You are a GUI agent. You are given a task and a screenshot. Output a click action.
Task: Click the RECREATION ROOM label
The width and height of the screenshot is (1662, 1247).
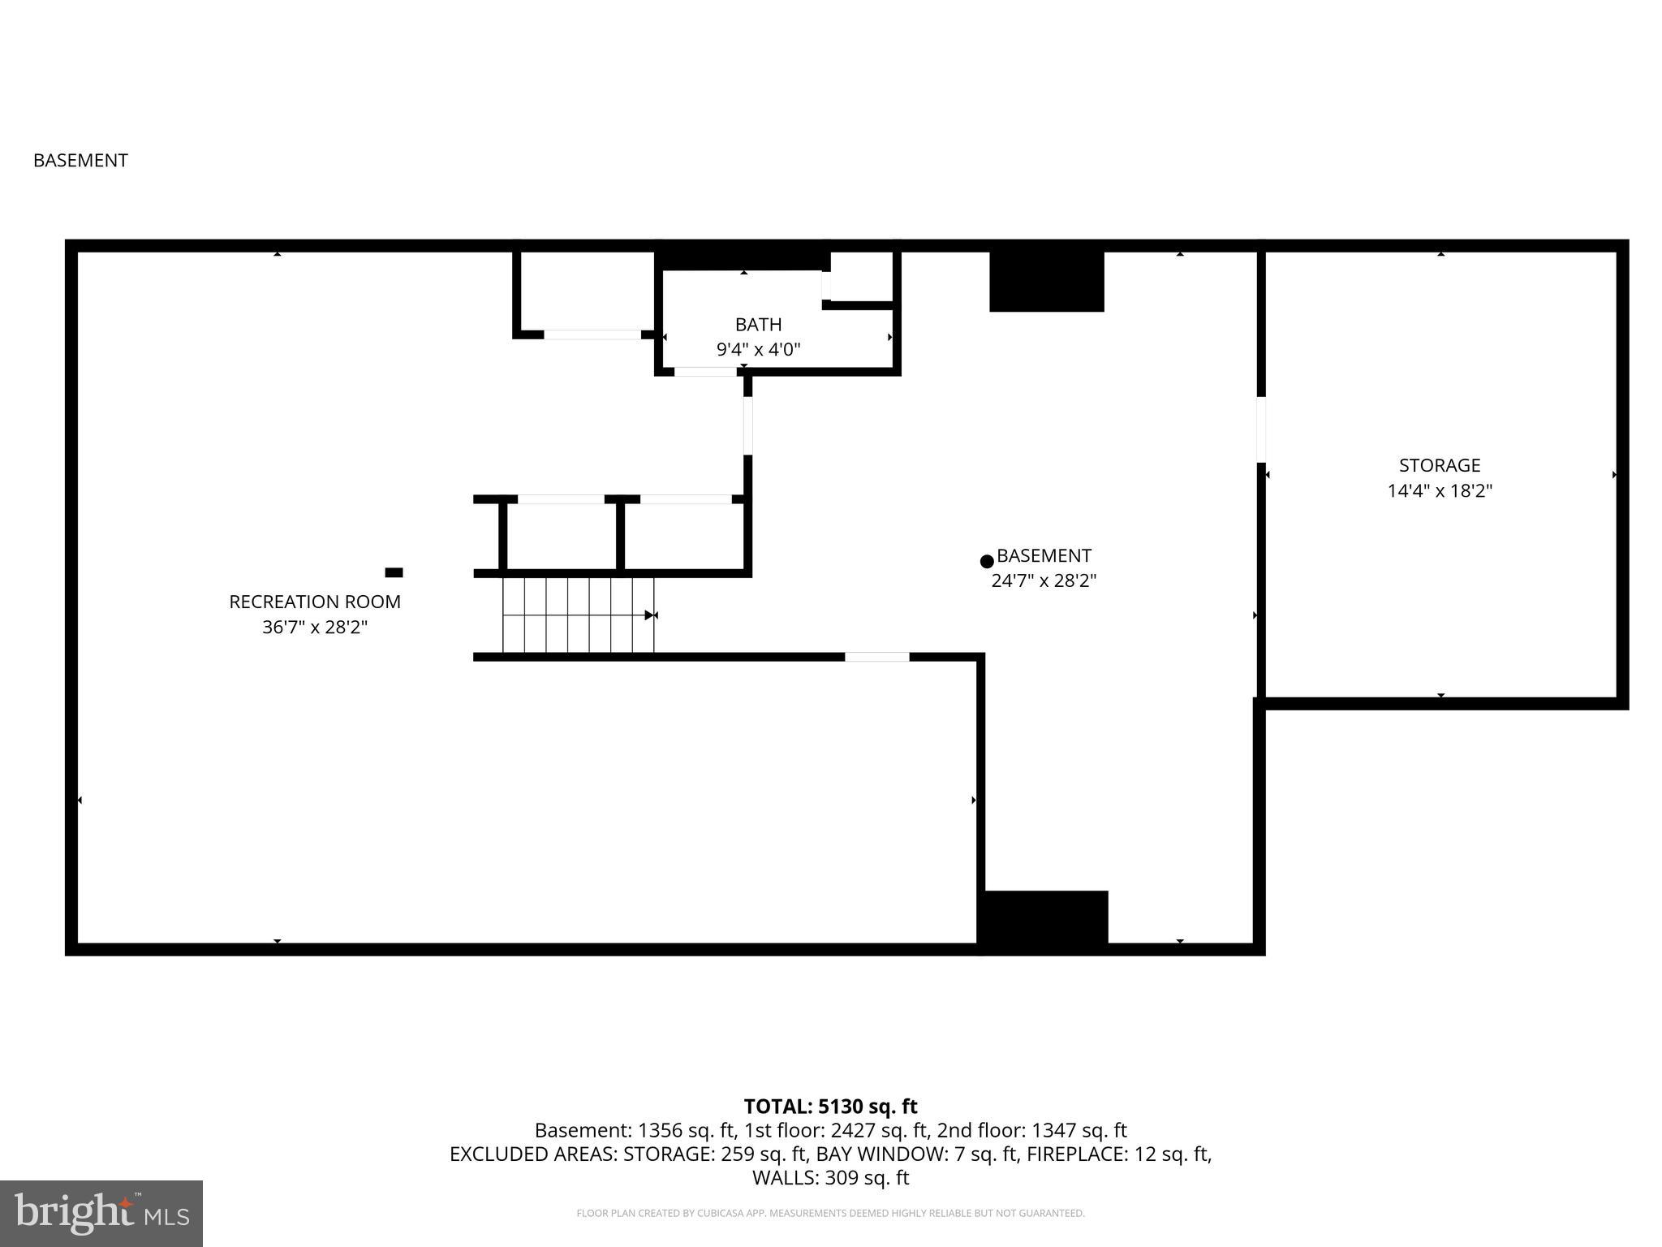tap(315, 602)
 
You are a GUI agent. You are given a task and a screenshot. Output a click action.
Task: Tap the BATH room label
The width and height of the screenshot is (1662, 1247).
tap(758, 325)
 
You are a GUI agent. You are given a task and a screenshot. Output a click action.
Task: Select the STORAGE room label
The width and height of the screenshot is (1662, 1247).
tap(1439, 465)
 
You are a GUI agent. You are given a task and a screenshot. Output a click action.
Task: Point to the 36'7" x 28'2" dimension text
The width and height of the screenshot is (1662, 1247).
tap(315, 628)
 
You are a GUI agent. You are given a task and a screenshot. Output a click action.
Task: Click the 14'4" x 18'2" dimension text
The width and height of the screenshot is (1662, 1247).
tap(1439, 491)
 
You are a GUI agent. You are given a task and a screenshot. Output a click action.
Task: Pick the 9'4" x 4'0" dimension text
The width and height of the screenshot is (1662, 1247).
tap(758, 350)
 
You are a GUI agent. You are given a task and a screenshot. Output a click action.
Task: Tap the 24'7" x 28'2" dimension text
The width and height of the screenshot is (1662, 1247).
tap(1043, 581)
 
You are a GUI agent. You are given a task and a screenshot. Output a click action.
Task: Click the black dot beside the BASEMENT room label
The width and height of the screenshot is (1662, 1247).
tap(987, 561)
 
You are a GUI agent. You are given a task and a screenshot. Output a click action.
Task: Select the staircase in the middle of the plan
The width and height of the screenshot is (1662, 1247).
tap(578, 615)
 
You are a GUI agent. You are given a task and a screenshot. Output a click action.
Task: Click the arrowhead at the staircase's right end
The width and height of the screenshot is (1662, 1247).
tap(650, 615)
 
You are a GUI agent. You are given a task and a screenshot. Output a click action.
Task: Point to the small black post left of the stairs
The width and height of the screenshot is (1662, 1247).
tap(394, 572)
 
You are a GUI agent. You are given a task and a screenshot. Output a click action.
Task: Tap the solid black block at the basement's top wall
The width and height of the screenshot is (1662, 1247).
tap(1046, 281)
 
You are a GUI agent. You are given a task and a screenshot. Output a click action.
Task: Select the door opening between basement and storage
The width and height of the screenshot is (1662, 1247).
tap(1260, 429)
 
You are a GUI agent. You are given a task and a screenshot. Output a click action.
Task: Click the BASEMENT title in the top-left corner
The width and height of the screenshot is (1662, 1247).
tap(80, 161)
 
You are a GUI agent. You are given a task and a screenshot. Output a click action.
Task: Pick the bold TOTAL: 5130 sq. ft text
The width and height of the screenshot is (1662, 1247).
tap(830, 1107)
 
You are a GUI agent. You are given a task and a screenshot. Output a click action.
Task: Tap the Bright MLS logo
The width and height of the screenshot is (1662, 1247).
tap(101, 1213)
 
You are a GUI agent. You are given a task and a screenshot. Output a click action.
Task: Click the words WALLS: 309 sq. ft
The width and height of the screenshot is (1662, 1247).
tap(830, 1178)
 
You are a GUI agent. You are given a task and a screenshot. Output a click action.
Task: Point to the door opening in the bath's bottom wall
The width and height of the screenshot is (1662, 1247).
tap(705, 372)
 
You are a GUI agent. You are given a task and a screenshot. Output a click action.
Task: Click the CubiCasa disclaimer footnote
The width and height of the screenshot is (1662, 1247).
tap(830, 1214)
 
